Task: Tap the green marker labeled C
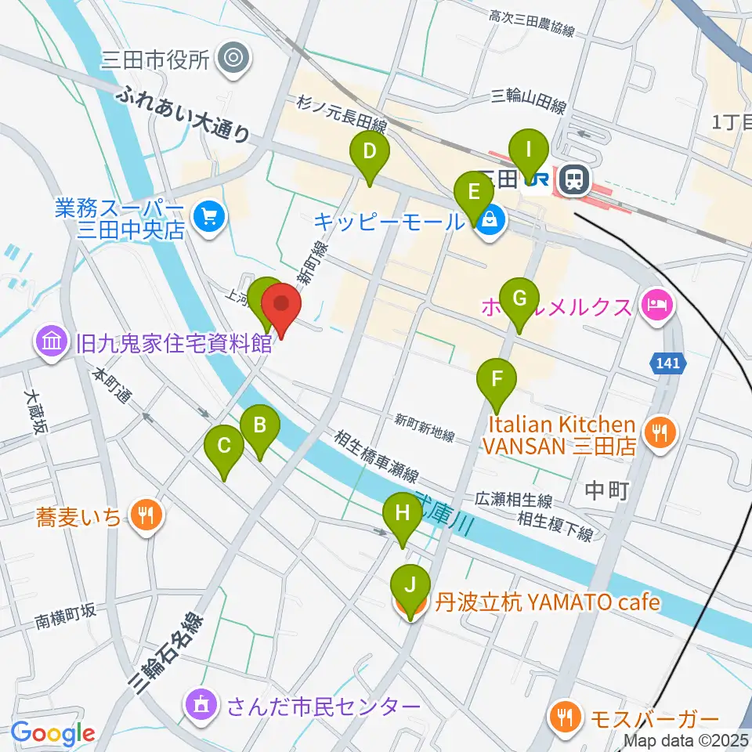click(x=224, y=446)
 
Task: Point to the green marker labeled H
click(x=402, y=514)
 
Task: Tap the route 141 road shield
click(x=667, y=363)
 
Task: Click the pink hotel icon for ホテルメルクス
click(x=656, y=302)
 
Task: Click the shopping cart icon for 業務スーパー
click(x=208, y=213)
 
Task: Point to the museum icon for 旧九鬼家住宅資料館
click(x=51, y=342)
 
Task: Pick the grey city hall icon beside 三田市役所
click(x=233, y=58)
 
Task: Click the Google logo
click(x=52, y=734)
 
